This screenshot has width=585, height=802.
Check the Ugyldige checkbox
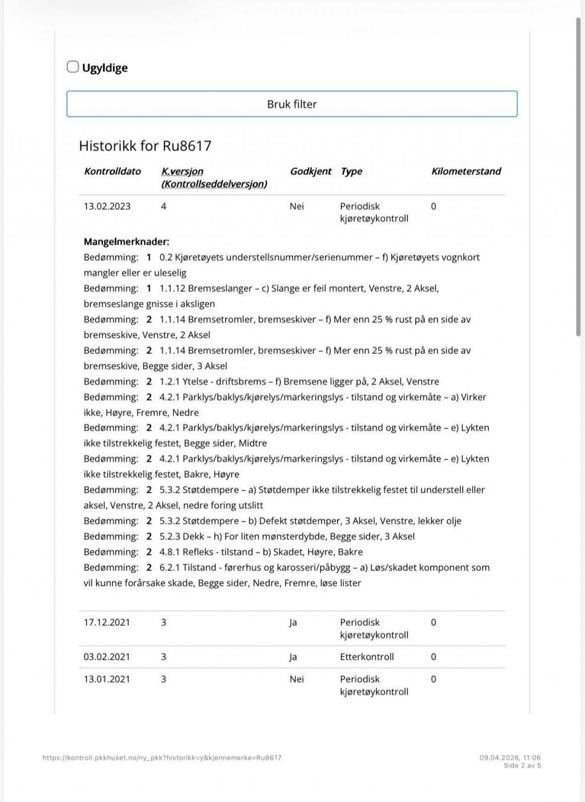pyautogui.click(x=73, y=67)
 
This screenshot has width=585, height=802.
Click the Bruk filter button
pyautogui.click(x=292, y=104)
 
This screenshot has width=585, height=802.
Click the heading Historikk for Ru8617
pyautogui.click(x=145, y=146)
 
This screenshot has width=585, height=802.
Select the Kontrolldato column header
pyautogui.click(x=112, y=171)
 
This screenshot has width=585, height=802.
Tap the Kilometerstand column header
pyautogui.click(x=466, y=171)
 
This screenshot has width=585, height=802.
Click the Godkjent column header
pyautogui.click(x=310, y=171)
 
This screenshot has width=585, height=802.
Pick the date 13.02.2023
pyautogui.click(x=107, y=206)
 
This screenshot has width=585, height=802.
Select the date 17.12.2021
pyautogui.click(x=107, y=622)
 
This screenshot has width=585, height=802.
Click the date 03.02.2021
pyautogui.click(x=107, y=657)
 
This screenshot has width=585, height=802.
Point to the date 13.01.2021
pyautogui.click(x=107, y=679)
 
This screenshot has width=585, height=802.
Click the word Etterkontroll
pyautogui.click(x=367, y=657)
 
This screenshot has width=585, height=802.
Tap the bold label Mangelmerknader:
pyautogui.click(x=126, y=242)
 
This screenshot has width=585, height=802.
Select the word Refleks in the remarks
pyautogui.click(x=201, y=552)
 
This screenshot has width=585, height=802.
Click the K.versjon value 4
pyautogui.click(x=163, y=206)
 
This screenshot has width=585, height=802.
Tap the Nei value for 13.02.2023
pyautogui.click(x=296, y=206)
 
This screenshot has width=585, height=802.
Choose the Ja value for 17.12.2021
pyautogui.click(x=293, y=622)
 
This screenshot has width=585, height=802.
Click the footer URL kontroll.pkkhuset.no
pyautogui.click(x=162, y=758)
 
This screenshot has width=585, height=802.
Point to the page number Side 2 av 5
pyautogui.click(x=522, y=766)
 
